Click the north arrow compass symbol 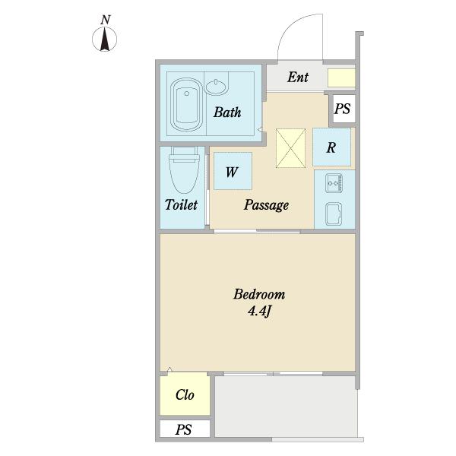pos(105,40)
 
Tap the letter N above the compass pos(106,20)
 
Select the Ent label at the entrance pos(298,77)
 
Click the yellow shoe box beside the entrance pos(341,78)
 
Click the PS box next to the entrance pos(342,109)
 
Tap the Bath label pos(227,112)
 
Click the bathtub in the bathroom pos(186,105)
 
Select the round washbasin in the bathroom pos(217,87)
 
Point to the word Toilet pos(181,204)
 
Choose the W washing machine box pos(233,171)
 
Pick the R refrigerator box pos(332,147)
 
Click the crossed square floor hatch pos(290,148)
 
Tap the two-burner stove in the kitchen pos(334,183)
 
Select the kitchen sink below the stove pos(334,214)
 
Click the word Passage pos(266,205)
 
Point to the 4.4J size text pos(259,312)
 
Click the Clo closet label pos(185,395)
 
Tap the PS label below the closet pos(183,429)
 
